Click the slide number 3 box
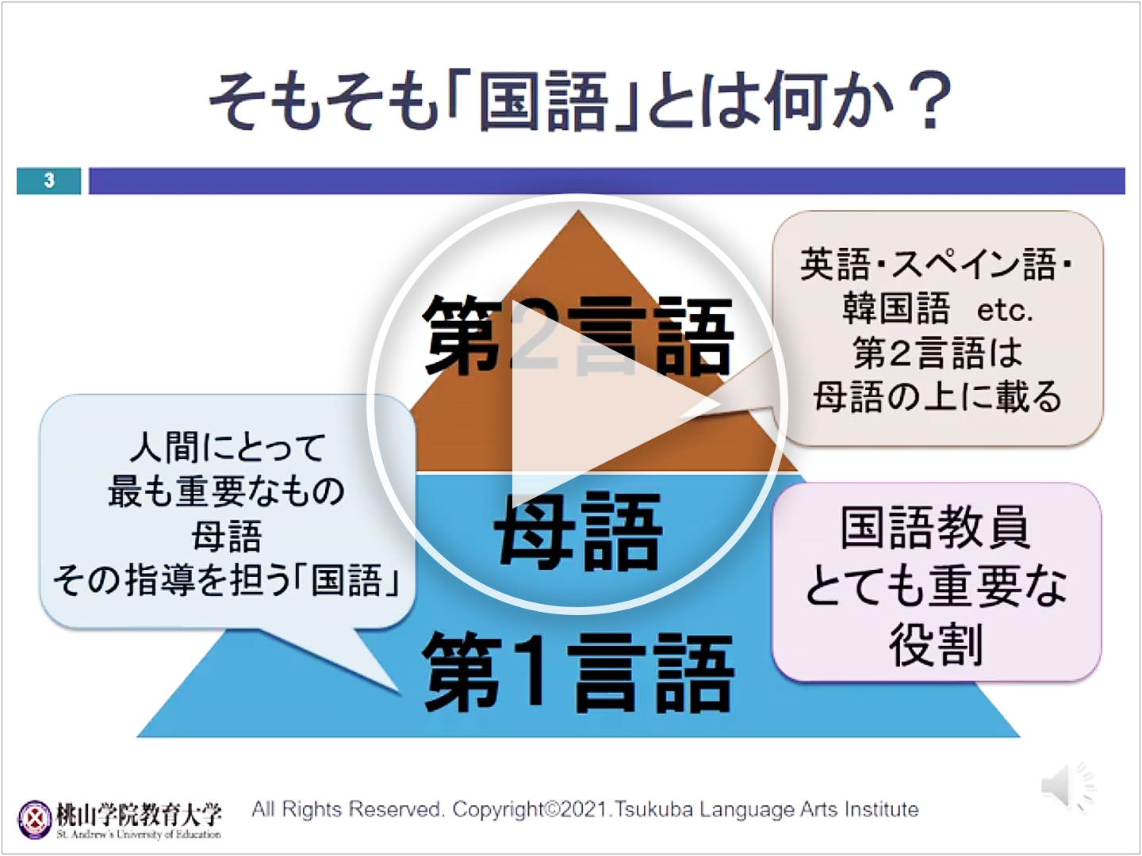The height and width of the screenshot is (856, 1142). point(49,181)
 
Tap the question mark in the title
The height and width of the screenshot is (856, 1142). point(930,101)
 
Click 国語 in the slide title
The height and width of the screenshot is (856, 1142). point(543,101)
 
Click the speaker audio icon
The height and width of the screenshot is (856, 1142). point(1067,786)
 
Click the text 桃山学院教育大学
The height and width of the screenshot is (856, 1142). point(139,814)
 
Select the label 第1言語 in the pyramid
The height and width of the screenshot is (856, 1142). point(579,673)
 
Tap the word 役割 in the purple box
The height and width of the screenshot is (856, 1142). point(936,644)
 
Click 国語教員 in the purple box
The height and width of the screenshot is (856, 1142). point(936,527)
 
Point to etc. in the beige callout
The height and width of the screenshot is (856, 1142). point(1004,311)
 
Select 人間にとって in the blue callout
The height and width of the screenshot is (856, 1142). point(228,448)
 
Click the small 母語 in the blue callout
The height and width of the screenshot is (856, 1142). point(227,536)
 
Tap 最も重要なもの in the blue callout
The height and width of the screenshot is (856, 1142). point(227,491)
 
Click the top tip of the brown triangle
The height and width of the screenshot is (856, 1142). point(579,211)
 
